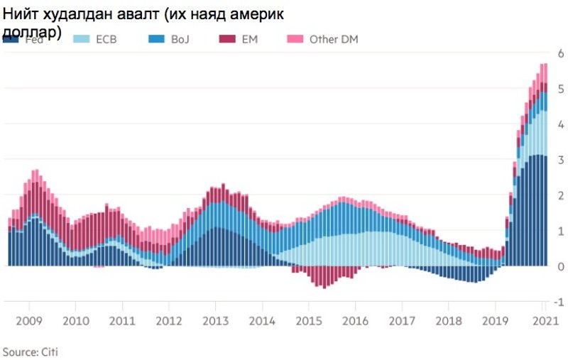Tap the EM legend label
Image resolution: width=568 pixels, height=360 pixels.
(249, 39)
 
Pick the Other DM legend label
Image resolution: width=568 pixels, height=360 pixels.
(333, 39)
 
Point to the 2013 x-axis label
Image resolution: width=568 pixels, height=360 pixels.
(216, 320)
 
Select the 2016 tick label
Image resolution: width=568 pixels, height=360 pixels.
(355, 320)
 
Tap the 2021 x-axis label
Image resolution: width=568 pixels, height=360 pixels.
(543, 320)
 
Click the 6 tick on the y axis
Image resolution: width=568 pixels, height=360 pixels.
(561, 53)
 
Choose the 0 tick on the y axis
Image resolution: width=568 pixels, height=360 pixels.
(561, 266)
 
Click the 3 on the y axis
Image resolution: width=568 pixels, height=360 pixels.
(561, 160)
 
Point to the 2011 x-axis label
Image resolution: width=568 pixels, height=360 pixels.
(123, 320)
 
